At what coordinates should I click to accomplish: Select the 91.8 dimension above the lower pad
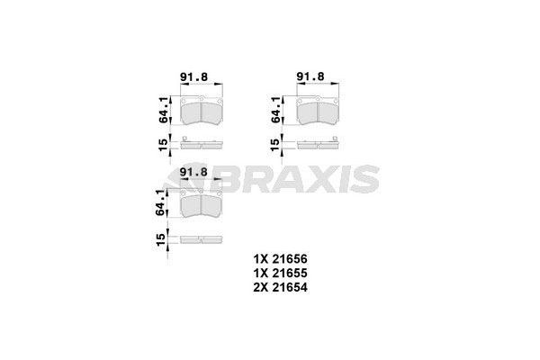click(x=194, y=172)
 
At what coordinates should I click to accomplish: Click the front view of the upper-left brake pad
click(x=202, y=112)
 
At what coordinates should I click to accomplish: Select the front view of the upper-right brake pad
click(x=316, y=112)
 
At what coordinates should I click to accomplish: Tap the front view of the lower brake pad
click(x=202, y=206)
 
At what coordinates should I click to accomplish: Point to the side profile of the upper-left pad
click(x=202, y=141)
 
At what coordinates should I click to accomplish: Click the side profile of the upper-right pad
click(x=316, y=141)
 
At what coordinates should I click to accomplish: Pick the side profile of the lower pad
click(x=202, y=238)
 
